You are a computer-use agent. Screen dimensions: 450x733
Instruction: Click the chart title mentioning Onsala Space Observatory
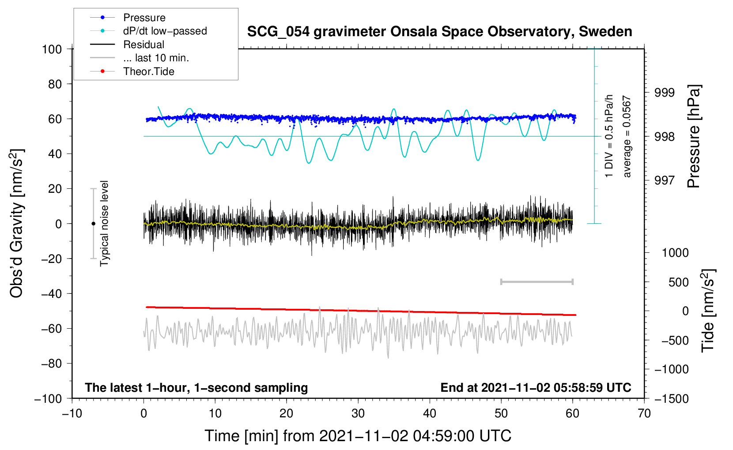point(439,32)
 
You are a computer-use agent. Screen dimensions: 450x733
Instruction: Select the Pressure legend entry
point(144,18)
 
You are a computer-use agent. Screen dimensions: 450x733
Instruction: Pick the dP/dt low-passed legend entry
point(165,31)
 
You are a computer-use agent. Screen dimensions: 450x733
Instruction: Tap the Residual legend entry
point(144,45)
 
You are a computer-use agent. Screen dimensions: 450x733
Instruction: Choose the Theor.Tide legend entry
point(148,71)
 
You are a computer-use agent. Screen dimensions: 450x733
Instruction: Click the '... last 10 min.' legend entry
point(156,58)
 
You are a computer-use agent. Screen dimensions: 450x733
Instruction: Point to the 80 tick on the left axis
point(55,84)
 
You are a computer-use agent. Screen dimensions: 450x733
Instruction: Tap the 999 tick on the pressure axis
point(665,93)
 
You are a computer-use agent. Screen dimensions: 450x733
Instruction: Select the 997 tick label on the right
point(665,180)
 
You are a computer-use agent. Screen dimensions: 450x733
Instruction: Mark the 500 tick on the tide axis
point(679,282)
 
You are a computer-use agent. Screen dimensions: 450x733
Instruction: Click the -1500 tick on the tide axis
point(672,398)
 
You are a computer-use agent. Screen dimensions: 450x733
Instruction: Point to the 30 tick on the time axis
point(358,413)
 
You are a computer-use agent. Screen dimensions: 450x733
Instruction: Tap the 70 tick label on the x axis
point(644,413)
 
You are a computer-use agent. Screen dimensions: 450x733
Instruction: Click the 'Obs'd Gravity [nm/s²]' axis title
point(16,223)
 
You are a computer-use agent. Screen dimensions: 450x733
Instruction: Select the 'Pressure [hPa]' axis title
point(694,137)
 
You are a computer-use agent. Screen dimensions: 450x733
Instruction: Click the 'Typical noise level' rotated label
point(104,223)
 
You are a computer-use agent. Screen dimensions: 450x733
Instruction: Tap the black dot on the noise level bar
point(93,224)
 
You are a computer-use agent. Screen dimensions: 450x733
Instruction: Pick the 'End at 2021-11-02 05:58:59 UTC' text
point(536,388)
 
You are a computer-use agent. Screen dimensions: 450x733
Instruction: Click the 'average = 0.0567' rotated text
point(627,137)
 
